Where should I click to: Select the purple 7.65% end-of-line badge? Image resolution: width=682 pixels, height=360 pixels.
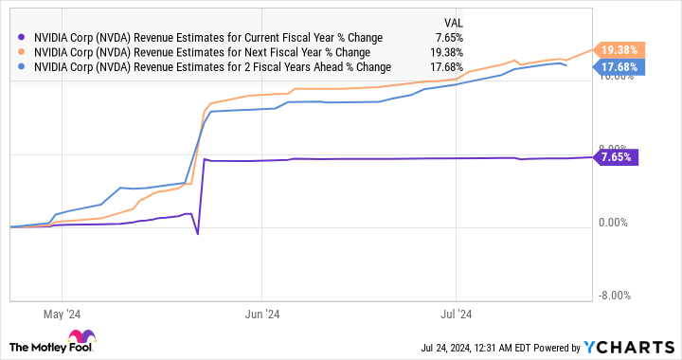(618, 157)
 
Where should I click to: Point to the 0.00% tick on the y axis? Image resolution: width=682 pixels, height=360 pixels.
(616, 224)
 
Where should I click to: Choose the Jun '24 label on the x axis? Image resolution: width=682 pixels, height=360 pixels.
(260, 313)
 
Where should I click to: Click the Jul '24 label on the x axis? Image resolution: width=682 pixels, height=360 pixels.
(458, 313)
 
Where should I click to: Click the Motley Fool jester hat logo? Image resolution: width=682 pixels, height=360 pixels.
(81, 338)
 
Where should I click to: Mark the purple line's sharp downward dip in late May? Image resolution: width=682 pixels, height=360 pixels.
(197, 233)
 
